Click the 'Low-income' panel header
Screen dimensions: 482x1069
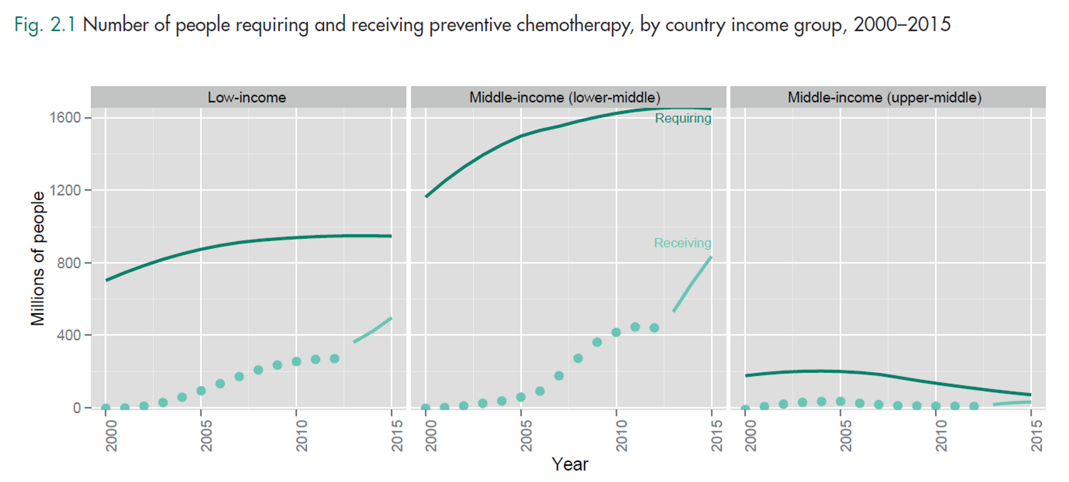tap(247, 97)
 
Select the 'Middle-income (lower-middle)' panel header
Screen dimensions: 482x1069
tap(565, 97)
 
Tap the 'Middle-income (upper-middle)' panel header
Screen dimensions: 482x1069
tap(885, 97)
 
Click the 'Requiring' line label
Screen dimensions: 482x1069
tap(683, 118)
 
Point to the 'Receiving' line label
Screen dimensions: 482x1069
tap(682, 243)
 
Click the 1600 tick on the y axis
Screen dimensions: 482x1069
tap(65, 118)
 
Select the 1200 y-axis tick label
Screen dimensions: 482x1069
tap(65, 190)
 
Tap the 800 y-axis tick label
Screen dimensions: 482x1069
tap(69, 263)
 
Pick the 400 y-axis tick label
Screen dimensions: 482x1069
tap(69, 335)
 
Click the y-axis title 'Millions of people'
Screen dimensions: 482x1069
tap(38, 258)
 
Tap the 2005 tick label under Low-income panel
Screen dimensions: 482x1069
tap(206, 436)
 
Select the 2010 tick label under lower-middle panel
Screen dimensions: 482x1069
tap(622, 436)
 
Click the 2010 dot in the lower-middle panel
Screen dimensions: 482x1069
tap(616, 332)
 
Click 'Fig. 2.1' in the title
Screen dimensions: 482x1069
tap(45, 25)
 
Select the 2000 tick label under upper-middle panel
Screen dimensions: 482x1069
tap(750, 436)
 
